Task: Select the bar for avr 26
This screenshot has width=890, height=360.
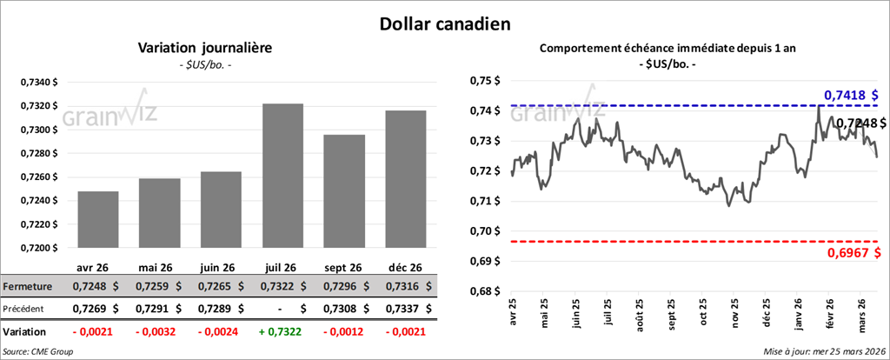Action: tap(97, 219)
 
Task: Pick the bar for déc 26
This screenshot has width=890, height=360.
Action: tap(406, 179)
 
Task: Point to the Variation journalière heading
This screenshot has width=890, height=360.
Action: tap(205, 49)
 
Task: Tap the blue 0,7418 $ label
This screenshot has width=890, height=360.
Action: tap(850, 94)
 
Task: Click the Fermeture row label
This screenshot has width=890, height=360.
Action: tap(28, 285)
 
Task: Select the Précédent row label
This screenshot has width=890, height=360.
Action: tap(27, 308)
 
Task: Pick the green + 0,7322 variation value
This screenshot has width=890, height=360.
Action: tap(282, 331)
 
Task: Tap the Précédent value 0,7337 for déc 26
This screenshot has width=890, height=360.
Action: tap(400, 308)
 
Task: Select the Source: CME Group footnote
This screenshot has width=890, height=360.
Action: tap(39, 351)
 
